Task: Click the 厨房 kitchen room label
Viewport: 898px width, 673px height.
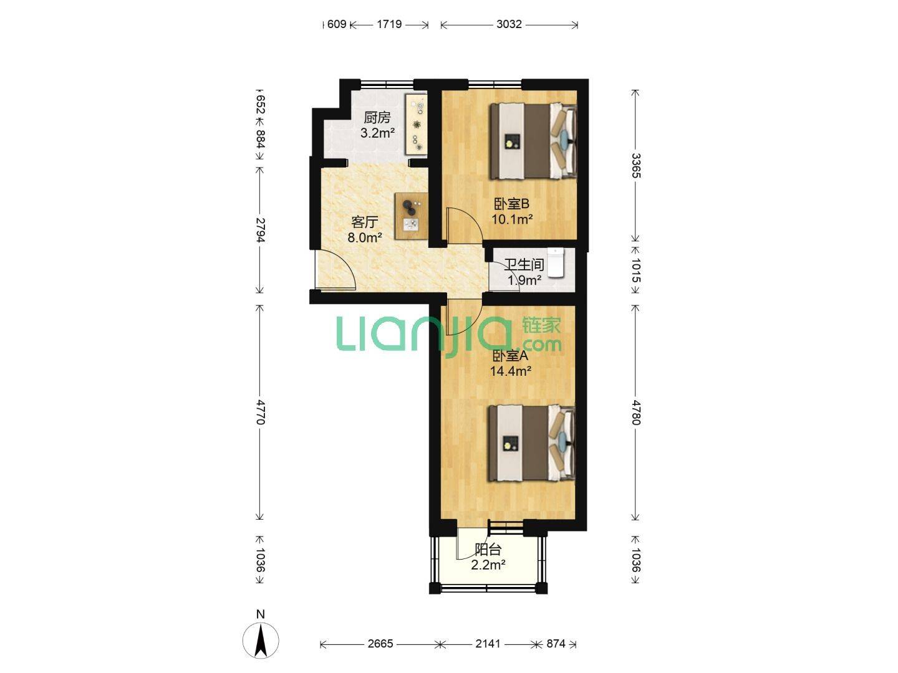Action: click(x=377, y=118)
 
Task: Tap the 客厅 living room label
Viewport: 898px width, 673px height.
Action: click(x=364, y=222)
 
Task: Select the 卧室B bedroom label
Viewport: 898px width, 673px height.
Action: click(x=511, y=204)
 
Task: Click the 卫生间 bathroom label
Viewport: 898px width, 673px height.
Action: click(x=524, y=265)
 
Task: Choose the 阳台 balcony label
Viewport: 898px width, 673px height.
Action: click(x=488, y=550)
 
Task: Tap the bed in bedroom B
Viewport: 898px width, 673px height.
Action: click(x=533, y=141)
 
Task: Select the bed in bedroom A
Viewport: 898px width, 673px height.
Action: click(x=531, y=443)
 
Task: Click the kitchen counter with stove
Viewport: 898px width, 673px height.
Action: click(x=416, y=124)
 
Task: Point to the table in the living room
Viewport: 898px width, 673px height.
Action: click(x=412, y=216)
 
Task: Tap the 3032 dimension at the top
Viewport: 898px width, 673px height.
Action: click(x=509, y=24)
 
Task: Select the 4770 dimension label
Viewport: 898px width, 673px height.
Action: click(x=261, y=413)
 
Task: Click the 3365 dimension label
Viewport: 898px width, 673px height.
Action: click(x=635, y=166)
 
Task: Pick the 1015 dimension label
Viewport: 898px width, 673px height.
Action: click(x=635, y=270)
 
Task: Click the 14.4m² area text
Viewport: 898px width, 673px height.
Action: click(x=511, y=371)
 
